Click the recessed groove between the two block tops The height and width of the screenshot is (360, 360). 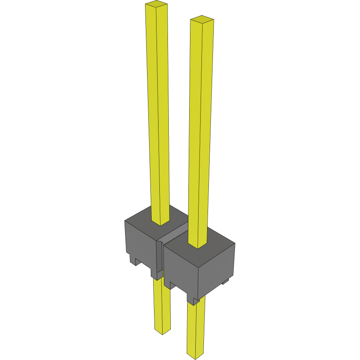(176, 237)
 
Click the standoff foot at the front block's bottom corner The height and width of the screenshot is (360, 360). (192, 302)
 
